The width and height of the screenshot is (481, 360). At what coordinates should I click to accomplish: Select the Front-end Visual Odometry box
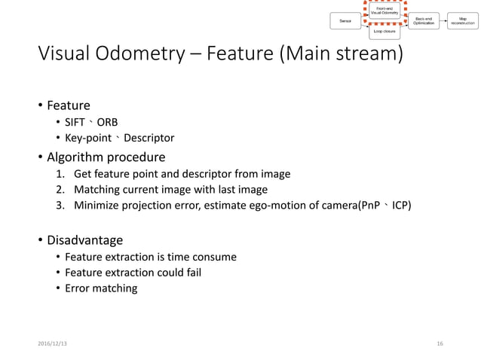(384, 11)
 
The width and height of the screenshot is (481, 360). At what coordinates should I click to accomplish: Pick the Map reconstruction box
(461, 22)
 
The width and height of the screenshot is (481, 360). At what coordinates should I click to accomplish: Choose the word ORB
(107, 122)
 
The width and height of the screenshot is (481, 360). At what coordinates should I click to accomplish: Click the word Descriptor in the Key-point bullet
(149, 138)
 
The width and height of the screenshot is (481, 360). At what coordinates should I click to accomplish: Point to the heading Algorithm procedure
(106, 157)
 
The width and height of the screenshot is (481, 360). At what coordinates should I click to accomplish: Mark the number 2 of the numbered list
(60, 189)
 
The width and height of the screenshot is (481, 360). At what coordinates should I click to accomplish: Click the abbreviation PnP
(371, 204)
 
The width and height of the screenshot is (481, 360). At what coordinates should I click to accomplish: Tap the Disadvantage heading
(84, 240)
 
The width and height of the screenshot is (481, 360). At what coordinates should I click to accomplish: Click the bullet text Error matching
(101, 288)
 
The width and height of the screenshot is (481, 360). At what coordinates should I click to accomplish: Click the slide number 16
(440, 343)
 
